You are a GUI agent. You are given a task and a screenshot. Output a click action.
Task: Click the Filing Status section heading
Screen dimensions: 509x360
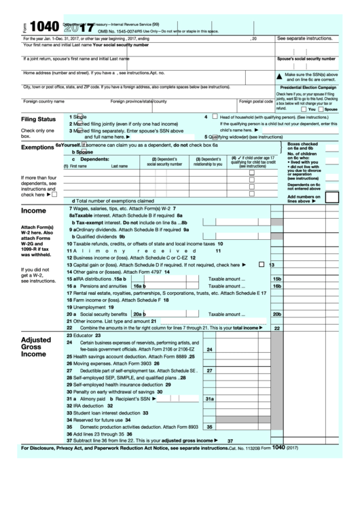coord(38,119)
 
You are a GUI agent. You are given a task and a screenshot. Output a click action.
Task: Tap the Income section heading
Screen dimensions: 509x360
coord(33,211)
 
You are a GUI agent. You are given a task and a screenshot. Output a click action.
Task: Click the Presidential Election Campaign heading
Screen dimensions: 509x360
coord(309,88)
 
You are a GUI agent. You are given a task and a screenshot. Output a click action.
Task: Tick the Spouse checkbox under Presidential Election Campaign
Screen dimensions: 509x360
coord(320,109)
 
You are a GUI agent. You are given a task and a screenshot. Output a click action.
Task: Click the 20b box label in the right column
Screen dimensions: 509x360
coord(276,315)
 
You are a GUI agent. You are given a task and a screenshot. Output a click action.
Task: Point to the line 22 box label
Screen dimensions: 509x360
coord(276,328)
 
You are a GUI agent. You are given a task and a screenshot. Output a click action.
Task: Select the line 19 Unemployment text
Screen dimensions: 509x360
coord(86,307)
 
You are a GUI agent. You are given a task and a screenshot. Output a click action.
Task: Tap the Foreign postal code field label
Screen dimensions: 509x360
coord(255,101)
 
